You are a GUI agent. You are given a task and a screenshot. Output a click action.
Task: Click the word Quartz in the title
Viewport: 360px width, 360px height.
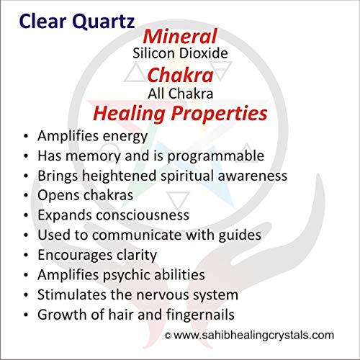tap(103, 22)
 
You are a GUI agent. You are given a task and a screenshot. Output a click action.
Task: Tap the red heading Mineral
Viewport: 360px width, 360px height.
tap(180, 36)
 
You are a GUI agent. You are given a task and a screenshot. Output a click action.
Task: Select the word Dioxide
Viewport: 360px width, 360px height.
tap(204, 53)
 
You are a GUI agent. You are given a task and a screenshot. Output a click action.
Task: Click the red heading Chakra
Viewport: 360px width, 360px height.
tap(180, 75)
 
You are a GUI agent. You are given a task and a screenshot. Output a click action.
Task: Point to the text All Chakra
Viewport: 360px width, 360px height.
tap(181, 94)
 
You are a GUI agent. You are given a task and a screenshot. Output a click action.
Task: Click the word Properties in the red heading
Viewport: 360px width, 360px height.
tap(219, 114)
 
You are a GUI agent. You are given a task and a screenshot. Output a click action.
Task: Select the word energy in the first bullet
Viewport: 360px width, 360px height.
tap(125, 137)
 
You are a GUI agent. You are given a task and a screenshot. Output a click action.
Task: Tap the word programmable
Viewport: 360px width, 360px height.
tap(216, 156)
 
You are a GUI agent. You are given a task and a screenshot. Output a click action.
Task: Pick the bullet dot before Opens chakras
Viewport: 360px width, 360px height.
tap(26, 196)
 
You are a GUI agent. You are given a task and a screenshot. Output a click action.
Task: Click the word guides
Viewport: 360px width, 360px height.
tap(240, 235)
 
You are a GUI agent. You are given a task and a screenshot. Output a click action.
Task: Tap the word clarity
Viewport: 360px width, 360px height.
tap(137, 255)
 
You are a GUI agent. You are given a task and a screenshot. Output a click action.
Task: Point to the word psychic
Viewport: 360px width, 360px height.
tap(126, 275)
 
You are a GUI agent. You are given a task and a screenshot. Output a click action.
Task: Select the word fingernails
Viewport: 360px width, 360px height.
tap(200, 315)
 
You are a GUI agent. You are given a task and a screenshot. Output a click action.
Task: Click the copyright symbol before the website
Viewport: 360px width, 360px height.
tap(168, 336)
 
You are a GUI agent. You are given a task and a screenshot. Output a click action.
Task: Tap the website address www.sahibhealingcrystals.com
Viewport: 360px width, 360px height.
tap(253, 336)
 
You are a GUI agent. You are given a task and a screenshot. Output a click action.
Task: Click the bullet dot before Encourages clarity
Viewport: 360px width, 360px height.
tap(26, 256)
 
